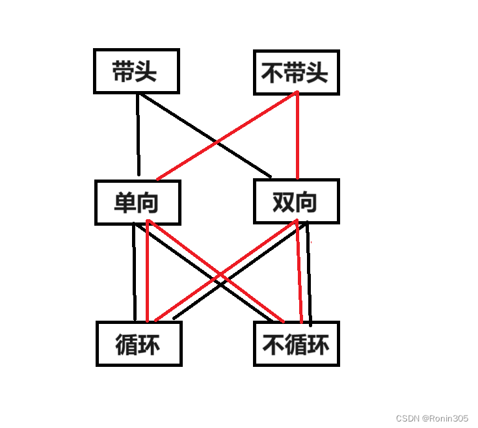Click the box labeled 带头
[135, 72]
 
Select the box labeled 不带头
[295, 72]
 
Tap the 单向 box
[137, 202]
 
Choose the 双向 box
[295, 202]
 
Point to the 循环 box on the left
[139, 343]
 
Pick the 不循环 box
[296, 343]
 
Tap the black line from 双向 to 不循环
[309, 273]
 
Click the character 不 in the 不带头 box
[272, 72]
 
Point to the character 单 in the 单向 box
[124, 202]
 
